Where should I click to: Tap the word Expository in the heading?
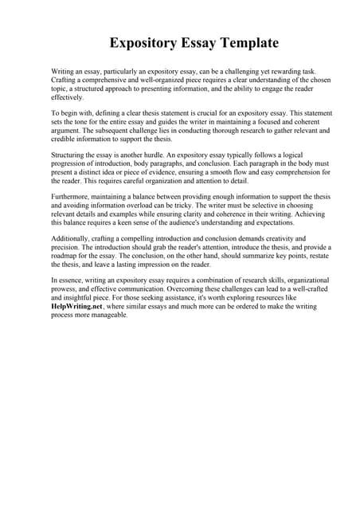click(x=144, y=41)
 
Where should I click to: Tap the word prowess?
click(x=65, y=289)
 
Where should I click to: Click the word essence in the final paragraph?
click(x=73, y=280)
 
